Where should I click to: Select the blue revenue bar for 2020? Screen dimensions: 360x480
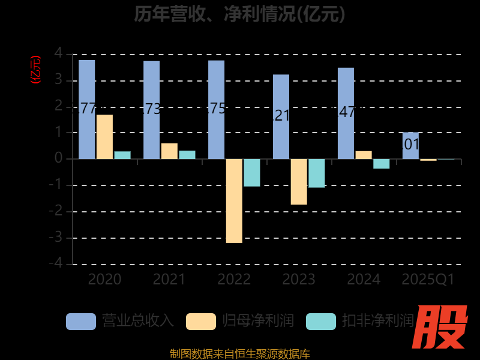tap(87, 109)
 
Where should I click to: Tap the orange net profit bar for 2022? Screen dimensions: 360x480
tap(234, 200)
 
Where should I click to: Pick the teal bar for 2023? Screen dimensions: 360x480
tap(317, 173)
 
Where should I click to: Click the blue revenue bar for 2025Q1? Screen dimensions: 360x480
tap(410, 145)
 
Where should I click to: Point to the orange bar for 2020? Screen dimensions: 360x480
tap(104, 137)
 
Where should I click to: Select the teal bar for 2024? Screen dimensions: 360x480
tap(382, 163)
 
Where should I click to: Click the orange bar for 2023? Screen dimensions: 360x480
tap(299, 181)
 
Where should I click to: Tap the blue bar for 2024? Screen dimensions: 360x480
tap(346, 113)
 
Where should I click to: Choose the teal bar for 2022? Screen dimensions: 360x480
tap(252, 172)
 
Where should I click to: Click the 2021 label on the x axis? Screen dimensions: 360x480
tap(169, 280)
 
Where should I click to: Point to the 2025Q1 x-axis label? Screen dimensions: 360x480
tap(428, 280)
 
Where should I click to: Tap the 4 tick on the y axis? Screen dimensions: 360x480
tap(58, 53)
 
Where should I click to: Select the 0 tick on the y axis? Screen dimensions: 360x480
tap(58, 158)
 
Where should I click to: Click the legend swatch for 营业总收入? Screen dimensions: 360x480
tap(81, 322)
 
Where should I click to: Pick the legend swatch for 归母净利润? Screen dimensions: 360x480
tap(201, 322)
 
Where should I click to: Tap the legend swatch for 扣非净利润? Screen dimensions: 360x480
tap(321, 322)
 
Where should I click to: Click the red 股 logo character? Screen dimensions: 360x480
tap(442, 327)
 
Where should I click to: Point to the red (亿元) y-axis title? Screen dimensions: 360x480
tap(35, 69)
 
